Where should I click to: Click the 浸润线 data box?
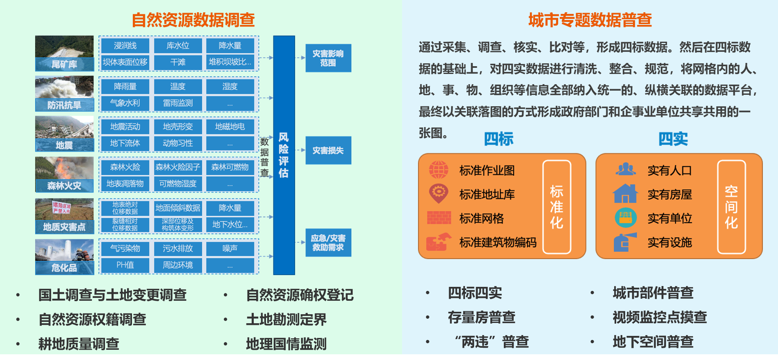(x=125, y=45)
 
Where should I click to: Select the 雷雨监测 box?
(x=178, y=103)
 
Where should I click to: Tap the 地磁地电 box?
(x=230, y=127)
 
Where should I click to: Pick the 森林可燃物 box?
(x=230, y=167)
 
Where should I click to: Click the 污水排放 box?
(x=178, y=248)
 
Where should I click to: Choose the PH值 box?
(x=125, y=265)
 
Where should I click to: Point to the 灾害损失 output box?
(x=328, y=150)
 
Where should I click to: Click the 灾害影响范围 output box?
(x=328, y=58)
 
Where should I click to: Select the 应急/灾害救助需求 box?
(x=328, y=243)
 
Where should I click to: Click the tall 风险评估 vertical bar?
(x=284, y=155)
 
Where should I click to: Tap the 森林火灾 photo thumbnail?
(x=65, y=174)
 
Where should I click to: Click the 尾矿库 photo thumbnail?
(x=65, y=53)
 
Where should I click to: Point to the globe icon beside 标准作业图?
(x=438, y=170)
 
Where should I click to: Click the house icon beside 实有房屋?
(x=625, y=194)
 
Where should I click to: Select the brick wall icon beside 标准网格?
(x=439, y=218)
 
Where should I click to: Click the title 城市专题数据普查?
(x=590, y=20)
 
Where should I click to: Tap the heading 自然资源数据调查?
(x=193, y=20)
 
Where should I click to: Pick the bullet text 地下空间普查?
(x=653, y=342)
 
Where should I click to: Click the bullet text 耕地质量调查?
(x=79, y=344)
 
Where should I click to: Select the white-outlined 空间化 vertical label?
(x=731, y=207)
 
